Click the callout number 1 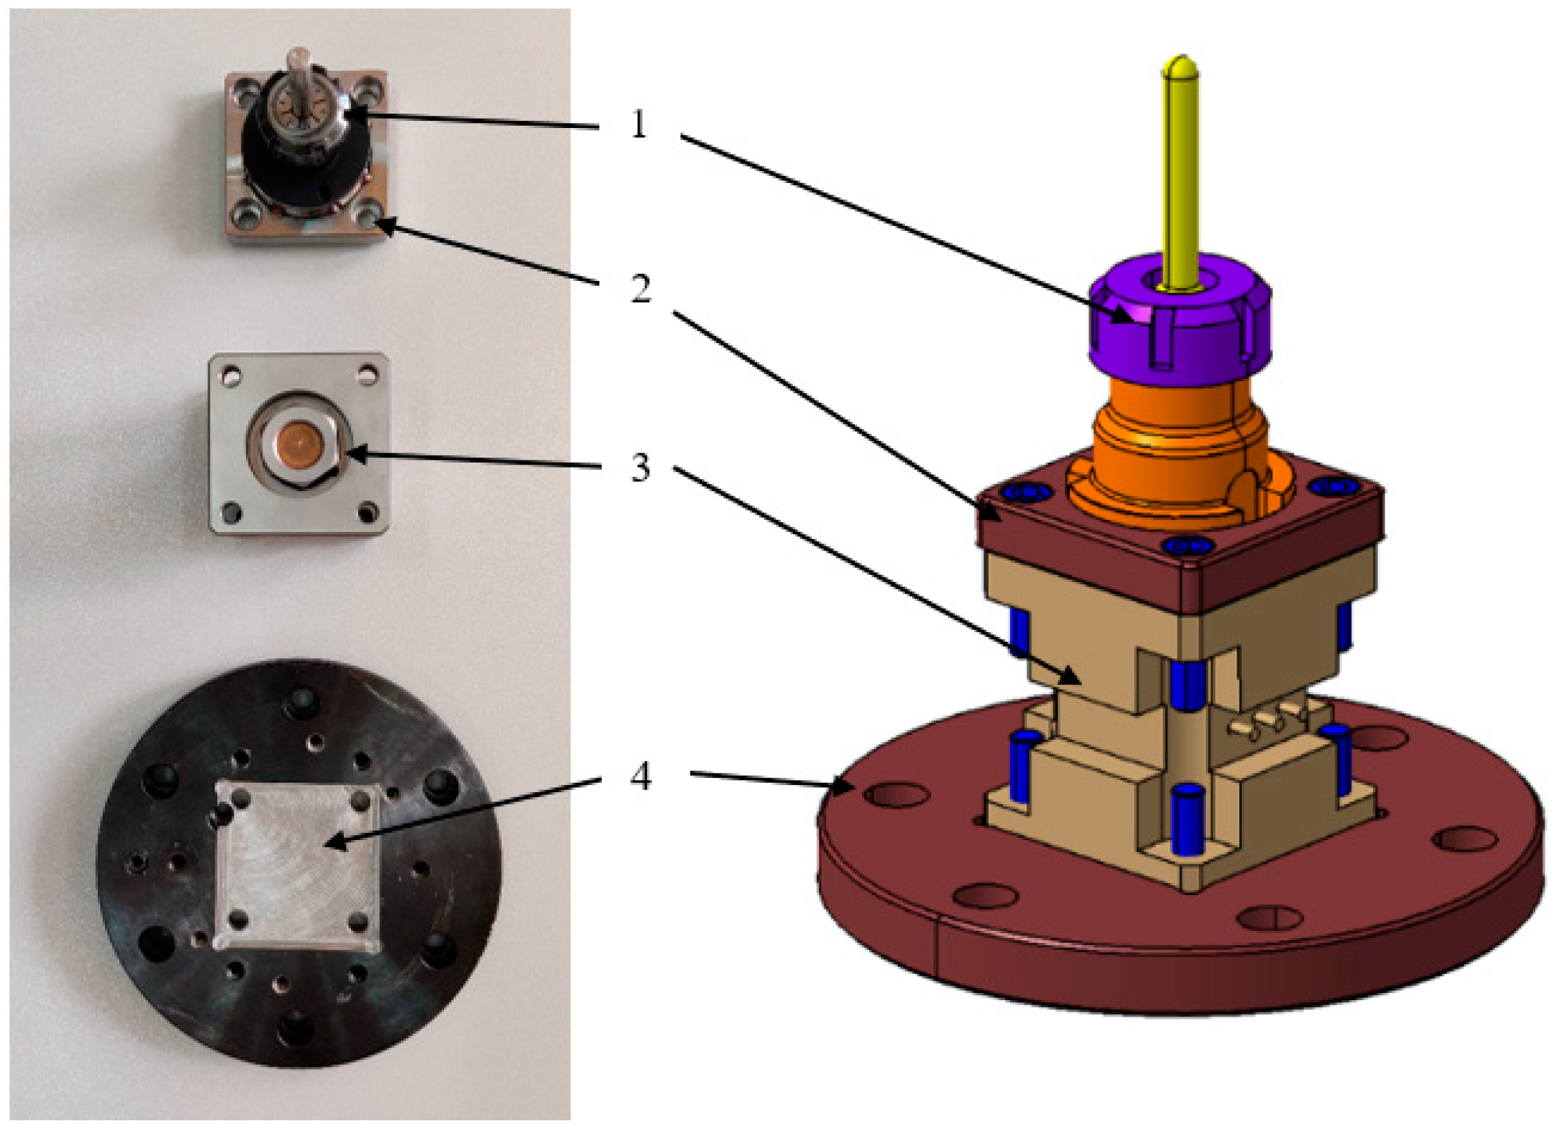[x=639, y=124]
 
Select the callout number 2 [x=640, y=289]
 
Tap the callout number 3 [x=640, y=468]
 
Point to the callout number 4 [x=640, y=776]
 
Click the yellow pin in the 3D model [x=1180, y=172]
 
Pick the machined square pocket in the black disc [x=298, y=866]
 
